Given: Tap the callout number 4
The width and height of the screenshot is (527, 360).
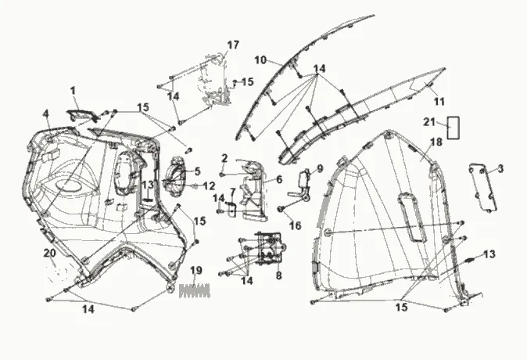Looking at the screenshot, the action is click(46, 113).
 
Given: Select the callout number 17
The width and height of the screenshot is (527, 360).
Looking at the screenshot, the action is click(232, 44).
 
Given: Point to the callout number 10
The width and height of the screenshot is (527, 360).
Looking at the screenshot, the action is click(260, 59).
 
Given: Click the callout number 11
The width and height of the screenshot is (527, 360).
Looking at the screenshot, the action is click(439, 101).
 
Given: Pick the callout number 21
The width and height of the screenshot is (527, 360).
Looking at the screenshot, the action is click(428, 121).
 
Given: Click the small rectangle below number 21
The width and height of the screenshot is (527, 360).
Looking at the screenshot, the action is click(453, 128).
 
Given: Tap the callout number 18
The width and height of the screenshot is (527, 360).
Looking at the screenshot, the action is click(436, 142).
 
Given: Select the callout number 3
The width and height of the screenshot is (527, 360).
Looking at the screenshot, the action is click(500, 168).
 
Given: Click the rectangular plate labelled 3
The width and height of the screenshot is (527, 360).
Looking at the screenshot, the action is click(483, 189).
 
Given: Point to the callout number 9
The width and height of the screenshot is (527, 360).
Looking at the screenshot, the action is click(319, 168).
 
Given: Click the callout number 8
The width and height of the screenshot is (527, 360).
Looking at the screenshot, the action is click(279, 275).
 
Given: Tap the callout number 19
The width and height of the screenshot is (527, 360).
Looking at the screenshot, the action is click(196, 270).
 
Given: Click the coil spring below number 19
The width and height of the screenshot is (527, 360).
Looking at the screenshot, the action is click(195, 292).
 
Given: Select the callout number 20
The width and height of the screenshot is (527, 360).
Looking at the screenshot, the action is click(49, 253).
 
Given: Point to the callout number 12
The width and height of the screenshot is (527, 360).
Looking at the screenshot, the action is click(209, 186).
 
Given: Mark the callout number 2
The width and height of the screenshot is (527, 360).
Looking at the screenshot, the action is click(224, 158).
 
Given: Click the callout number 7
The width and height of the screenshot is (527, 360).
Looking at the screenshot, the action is click(232, 192).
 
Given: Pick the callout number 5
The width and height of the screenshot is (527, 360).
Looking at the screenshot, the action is click(197, 171).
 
